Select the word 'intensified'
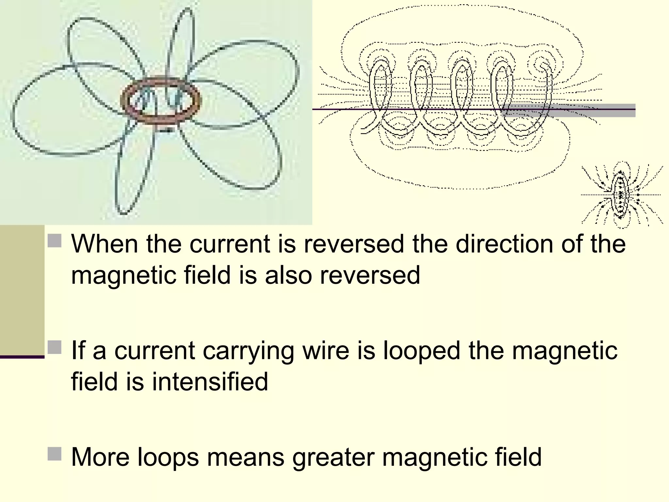tap(210, 381)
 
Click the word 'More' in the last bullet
tap(100, 457)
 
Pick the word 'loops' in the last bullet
tap(168, 457)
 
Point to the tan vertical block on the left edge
tap(22, 289)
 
